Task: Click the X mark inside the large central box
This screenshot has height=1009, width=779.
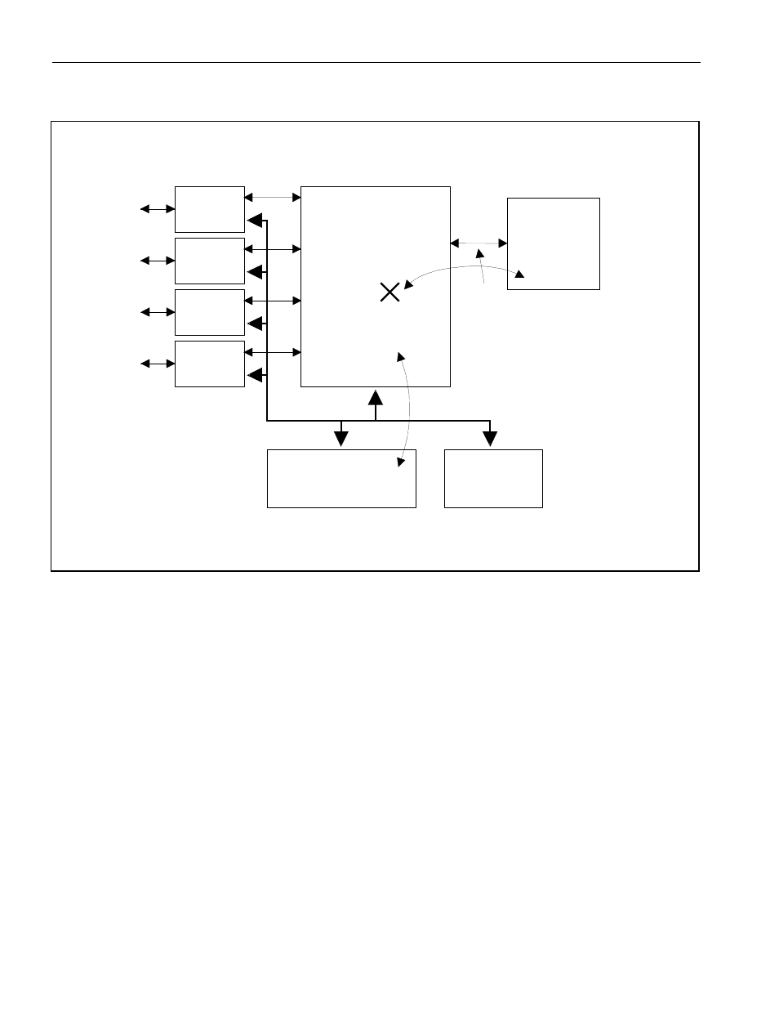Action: pos(390,292)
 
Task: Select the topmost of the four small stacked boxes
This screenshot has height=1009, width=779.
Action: pos(210,209)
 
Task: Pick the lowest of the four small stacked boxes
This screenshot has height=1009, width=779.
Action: pos(210,364)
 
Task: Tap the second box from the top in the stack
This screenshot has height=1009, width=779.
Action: pos(210,261)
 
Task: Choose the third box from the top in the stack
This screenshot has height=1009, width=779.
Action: pos(210,312)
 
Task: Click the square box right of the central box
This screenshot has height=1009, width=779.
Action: pos(554,243)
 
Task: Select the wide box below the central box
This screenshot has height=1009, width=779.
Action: pos(341,478)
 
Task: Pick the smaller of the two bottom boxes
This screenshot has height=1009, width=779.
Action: pos(493,478)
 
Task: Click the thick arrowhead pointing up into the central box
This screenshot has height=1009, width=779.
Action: pos(376,399)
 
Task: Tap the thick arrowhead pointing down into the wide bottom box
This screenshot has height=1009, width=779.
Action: pos(341,439)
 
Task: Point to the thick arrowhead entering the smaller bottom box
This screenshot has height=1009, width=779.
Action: pos(490,439)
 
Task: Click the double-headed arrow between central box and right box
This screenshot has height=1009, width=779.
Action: pos(479,243)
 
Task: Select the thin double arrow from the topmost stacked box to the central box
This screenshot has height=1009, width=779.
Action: pos(273,197)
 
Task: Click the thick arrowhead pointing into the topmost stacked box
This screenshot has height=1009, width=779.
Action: pos(255,221)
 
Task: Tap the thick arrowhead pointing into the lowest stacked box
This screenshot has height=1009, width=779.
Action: pos(255,375)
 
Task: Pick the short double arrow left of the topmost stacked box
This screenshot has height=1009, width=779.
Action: pos(158,209)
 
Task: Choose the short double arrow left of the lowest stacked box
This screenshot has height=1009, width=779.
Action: pos(158,364)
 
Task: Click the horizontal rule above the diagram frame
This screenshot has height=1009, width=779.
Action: pos(376,62)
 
